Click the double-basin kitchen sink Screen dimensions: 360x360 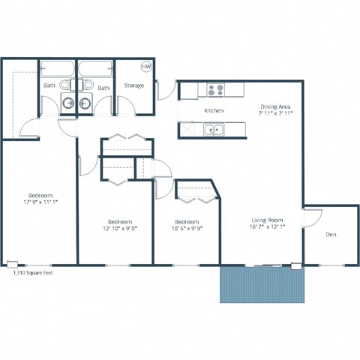(214, 130)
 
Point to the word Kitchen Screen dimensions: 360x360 (214, 111)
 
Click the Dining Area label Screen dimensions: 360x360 (274, 106)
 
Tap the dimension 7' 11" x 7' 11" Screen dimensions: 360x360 (275, 114)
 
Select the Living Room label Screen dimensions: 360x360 (266, 220)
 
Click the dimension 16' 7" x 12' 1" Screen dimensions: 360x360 (266, 228)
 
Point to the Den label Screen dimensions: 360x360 (330, 235)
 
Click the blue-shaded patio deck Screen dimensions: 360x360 (264, 284)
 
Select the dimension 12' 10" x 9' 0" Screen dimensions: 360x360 (120, 229)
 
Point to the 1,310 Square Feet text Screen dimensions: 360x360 (34, 274)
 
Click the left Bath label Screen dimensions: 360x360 (49, 86)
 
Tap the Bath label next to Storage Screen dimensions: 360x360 (103, 88)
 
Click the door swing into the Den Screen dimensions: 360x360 (313, 217)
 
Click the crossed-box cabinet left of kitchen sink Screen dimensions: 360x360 (187, 130)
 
